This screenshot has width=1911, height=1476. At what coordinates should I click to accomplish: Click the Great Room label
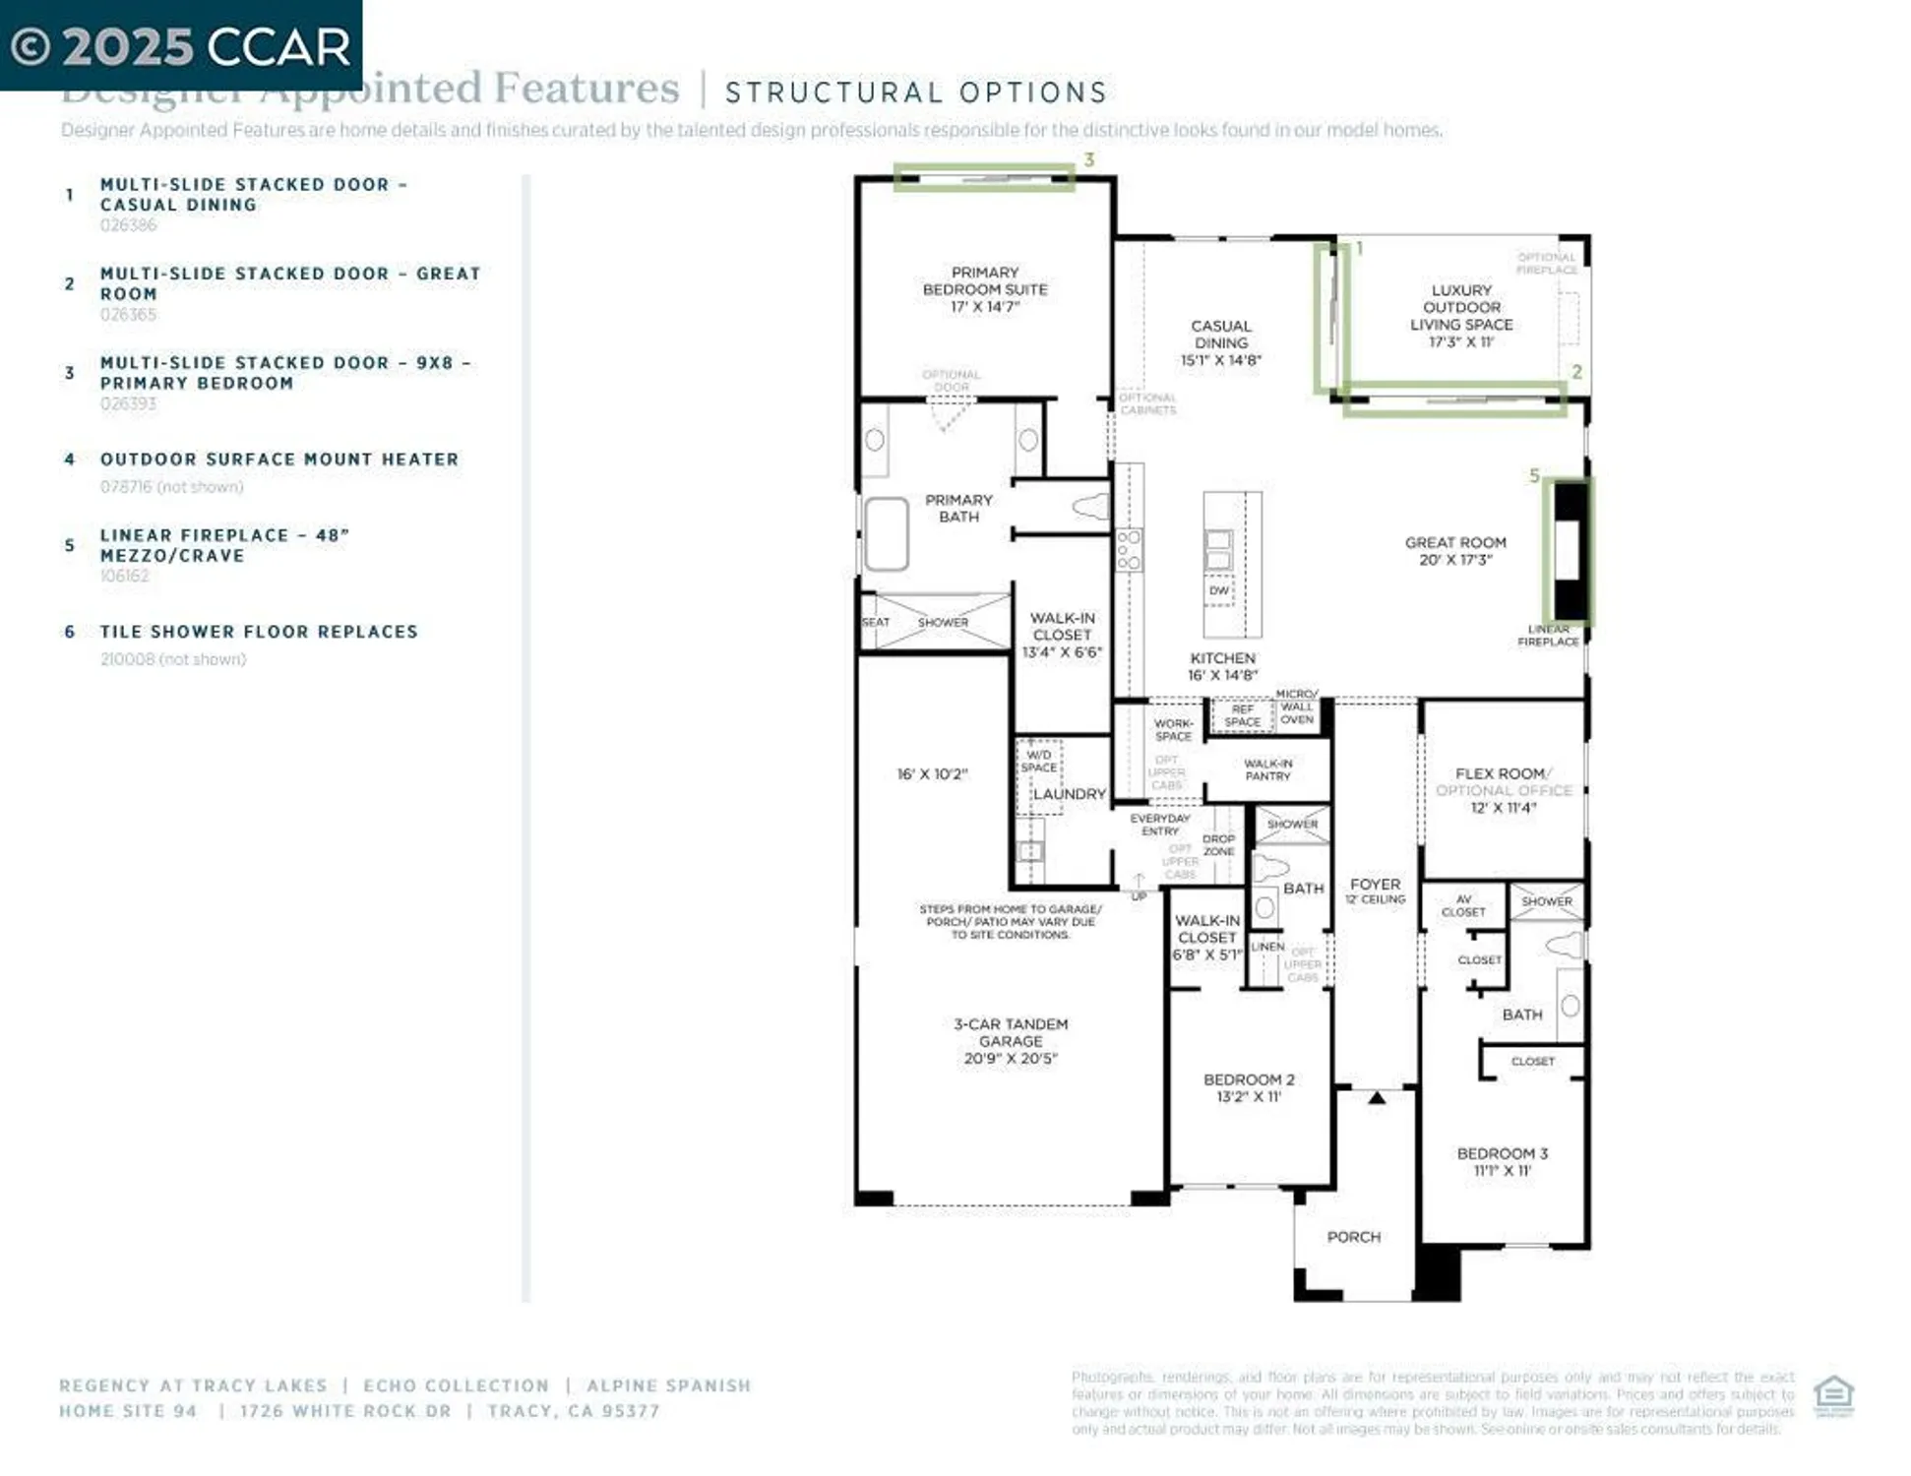(1454, 550)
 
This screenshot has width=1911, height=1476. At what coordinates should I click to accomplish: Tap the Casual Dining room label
(1220, 342)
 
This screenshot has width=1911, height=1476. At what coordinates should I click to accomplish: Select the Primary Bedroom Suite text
(984, 288)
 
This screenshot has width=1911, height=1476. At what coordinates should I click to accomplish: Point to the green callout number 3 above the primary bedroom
(1088, 159)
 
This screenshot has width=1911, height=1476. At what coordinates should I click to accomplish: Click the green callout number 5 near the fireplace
(1533, 476)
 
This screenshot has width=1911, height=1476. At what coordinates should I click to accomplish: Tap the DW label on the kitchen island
(1218, 590)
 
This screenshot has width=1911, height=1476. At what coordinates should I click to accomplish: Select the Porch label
(1353, 1237)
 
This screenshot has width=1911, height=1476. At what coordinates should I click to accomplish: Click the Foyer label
(1375, 886)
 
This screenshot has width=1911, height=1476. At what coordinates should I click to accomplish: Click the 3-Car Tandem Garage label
(1011, 1040)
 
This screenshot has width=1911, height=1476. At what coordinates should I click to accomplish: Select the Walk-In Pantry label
(1267, 769)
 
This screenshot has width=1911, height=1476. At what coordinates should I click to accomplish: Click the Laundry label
(1069, 794)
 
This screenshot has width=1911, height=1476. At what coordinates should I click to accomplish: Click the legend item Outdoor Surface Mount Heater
(278, 460)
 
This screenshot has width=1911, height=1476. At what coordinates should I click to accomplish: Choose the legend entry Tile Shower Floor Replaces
(258, 632)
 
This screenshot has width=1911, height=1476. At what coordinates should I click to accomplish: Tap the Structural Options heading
(915, 92)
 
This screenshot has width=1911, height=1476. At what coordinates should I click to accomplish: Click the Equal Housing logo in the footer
(1833, 1395)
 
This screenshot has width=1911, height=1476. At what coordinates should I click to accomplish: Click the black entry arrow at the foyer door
(1377, 1098)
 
